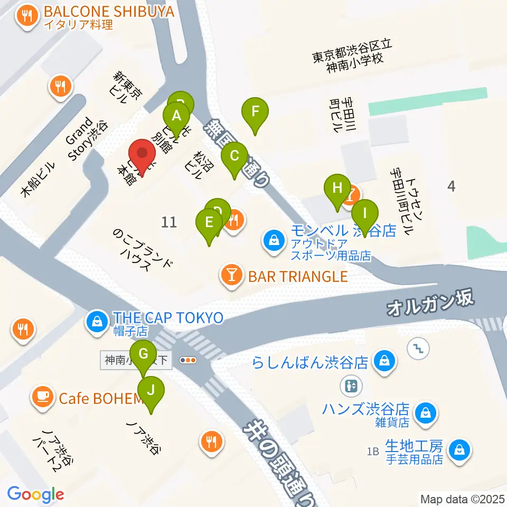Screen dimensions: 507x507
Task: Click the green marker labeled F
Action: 255,111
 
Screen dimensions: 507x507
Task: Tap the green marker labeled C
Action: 234,156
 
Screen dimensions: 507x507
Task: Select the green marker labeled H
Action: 337,187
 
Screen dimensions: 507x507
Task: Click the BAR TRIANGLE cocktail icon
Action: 231,276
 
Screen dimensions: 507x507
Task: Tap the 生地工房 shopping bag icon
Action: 458,450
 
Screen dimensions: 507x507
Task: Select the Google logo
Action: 35,494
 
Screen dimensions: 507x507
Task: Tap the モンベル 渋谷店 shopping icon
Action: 274,240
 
